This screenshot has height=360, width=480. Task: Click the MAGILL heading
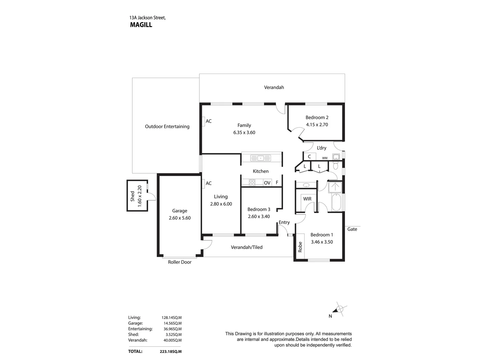(x=141, y=25)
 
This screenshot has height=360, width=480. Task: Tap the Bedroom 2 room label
(x=317, y=117)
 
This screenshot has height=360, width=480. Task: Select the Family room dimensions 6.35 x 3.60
(x=244, y=132)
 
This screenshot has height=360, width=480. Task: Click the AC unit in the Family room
(x=203, y=121)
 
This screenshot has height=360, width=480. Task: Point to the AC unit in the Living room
(x=203, y=184)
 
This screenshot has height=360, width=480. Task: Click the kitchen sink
(x=260, y=158)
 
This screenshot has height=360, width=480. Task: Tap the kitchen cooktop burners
(x=252, y=183)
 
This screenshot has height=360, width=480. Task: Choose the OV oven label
(x=267, y=183)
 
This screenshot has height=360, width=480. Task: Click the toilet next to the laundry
(x=335, y=165)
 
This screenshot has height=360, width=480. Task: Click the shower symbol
(x=335, y=187)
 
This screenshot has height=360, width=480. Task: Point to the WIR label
(x=307, y=199)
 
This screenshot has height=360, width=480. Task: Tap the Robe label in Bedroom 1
(x=300, y=247)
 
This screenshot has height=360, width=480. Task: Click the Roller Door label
(x=180, y=262)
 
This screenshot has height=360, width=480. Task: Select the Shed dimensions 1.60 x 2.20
(x=140, y=196)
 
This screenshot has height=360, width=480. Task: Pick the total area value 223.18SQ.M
(x=171, y=351)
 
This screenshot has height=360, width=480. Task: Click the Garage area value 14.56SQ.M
(x=173, y=323)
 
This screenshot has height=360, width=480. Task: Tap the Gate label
(x=352, y=229)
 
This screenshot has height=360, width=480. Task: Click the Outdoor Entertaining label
(x=167, y=127)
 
